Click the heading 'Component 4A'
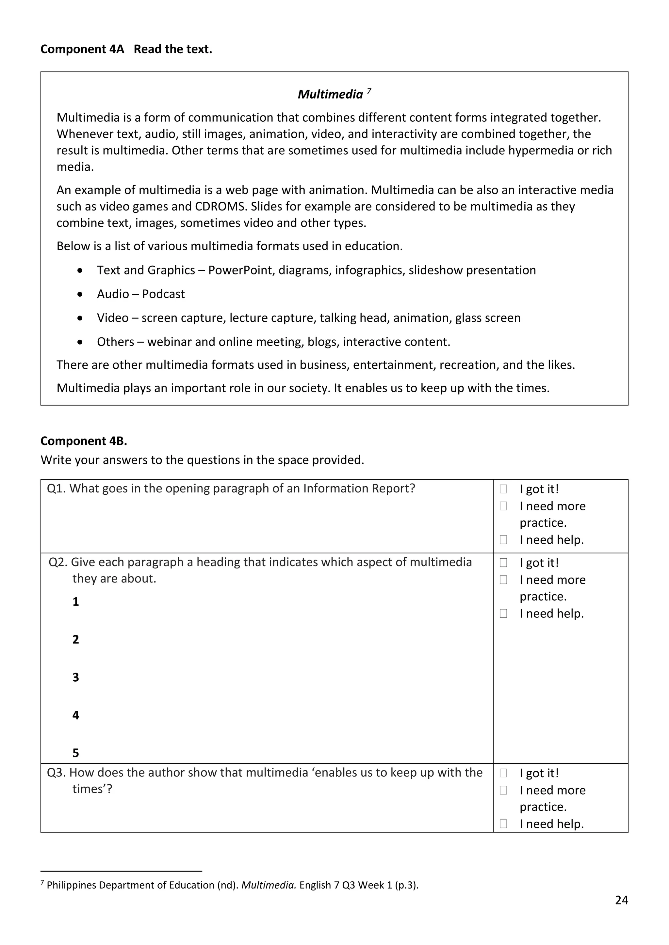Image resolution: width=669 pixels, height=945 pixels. point(82,49)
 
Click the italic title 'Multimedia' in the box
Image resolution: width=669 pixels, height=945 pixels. point(330,95)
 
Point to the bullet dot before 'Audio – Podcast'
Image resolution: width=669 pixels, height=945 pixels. point(80,294)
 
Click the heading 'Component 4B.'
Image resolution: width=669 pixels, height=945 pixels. point(84,441)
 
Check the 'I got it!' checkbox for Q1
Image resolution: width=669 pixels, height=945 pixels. point(503,489)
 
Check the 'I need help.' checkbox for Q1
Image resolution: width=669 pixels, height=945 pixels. point(503,540)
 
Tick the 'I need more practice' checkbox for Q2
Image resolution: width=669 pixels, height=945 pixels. point(503,580)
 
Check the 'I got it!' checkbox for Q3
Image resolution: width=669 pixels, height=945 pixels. point(503,773)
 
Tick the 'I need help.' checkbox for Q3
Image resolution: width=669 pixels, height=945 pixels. point(503,824)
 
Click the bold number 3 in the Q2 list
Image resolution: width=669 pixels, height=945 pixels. point(76,677)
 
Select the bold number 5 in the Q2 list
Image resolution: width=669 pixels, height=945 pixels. point(76,753)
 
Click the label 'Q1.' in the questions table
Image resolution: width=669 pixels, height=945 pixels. point(57,488)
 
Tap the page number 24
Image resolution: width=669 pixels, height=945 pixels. point(621,901)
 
